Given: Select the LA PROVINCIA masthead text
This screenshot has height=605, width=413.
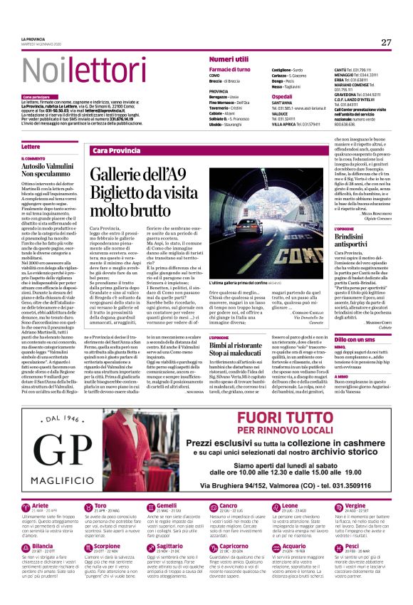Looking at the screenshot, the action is pos(33,39).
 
